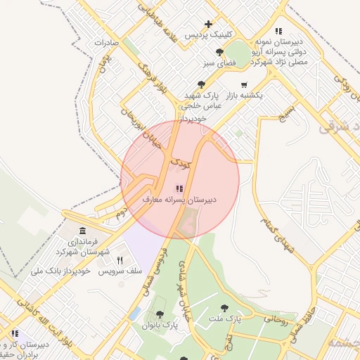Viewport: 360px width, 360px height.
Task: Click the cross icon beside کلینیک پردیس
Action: coord(208,24)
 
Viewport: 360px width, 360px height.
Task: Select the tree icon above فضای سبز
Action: coord(220,52)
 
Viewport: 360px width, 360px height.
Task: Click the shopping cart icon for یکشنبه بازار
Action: coord(243,84)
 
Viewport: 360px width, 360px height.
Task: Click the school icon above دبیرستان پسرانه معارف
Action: coord(179,188)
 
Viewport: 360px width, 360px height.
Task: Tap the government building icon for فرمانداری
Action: coord(83,231)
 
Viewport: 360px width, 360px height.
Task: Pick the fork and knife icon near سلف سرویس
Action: coord(120,260)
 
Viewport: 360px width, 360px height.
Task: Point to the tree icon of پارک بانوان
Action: coord(160,314)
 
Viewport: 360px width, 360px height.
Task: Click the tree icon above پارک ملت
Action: coord(224,307)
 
